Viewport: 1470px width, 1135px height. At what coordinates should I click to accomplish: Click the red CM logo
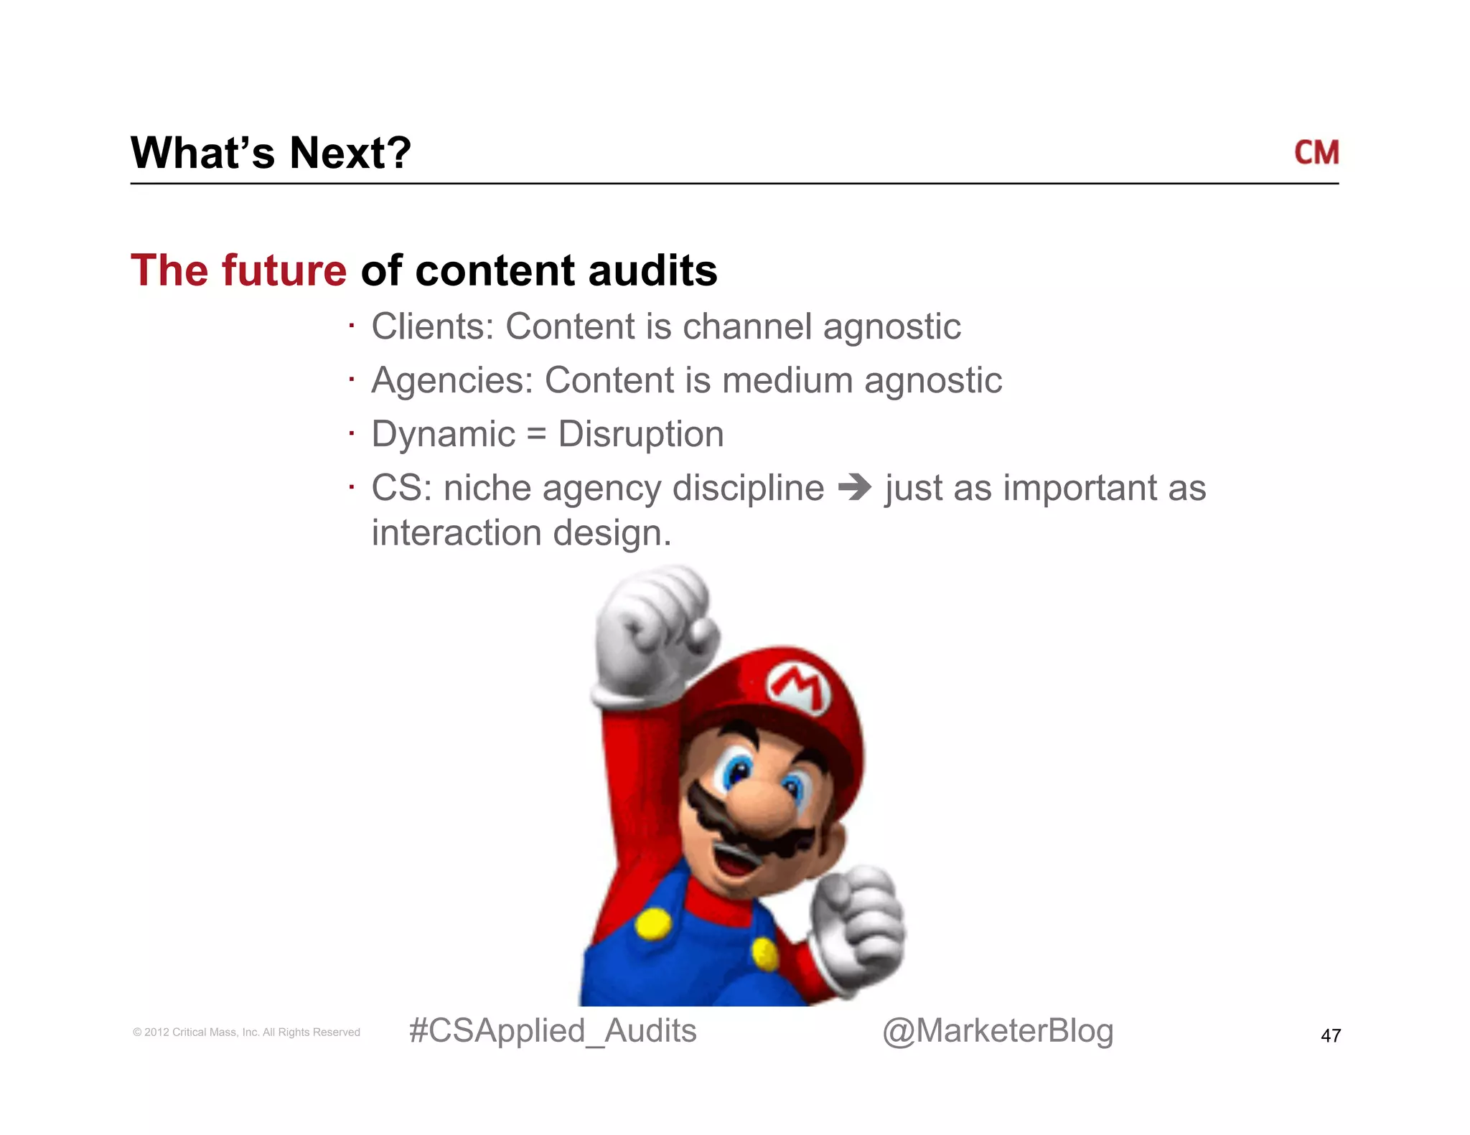coord(1316,153)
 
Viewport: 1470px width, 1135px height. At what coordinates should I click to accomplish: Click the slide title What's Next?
coord(271,153)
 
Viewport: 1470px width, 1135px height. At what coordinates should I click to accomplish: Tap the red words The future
coord(238,270)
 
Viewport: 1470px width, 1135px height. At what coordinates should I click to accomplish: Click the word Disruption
coord(640,434)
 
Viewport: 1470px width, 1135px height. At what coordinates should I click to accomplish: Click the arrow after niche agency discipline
coord(854,488)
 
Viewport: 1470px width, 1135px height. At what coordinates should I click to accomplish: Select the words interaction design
coord(521,533)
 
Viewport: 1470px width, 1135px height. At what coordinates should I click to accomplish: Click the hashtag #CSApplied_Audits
coord(552,1031)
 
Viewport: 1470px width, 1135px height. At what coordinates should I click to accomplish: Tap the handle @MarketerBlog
coord(997,1031)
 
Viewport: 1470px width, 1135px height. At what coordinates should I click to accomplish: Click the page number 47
coord(1330,1035)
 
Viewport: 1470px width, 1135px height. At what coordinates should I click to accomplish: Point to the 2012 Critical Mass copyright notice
coord(246,1032)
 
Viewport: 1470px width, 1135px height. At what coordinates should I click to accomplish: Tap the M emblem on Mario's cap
coord(798,687)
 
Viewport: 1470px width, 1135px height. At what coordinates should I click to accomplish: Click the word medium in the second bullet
coord(787,380)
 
